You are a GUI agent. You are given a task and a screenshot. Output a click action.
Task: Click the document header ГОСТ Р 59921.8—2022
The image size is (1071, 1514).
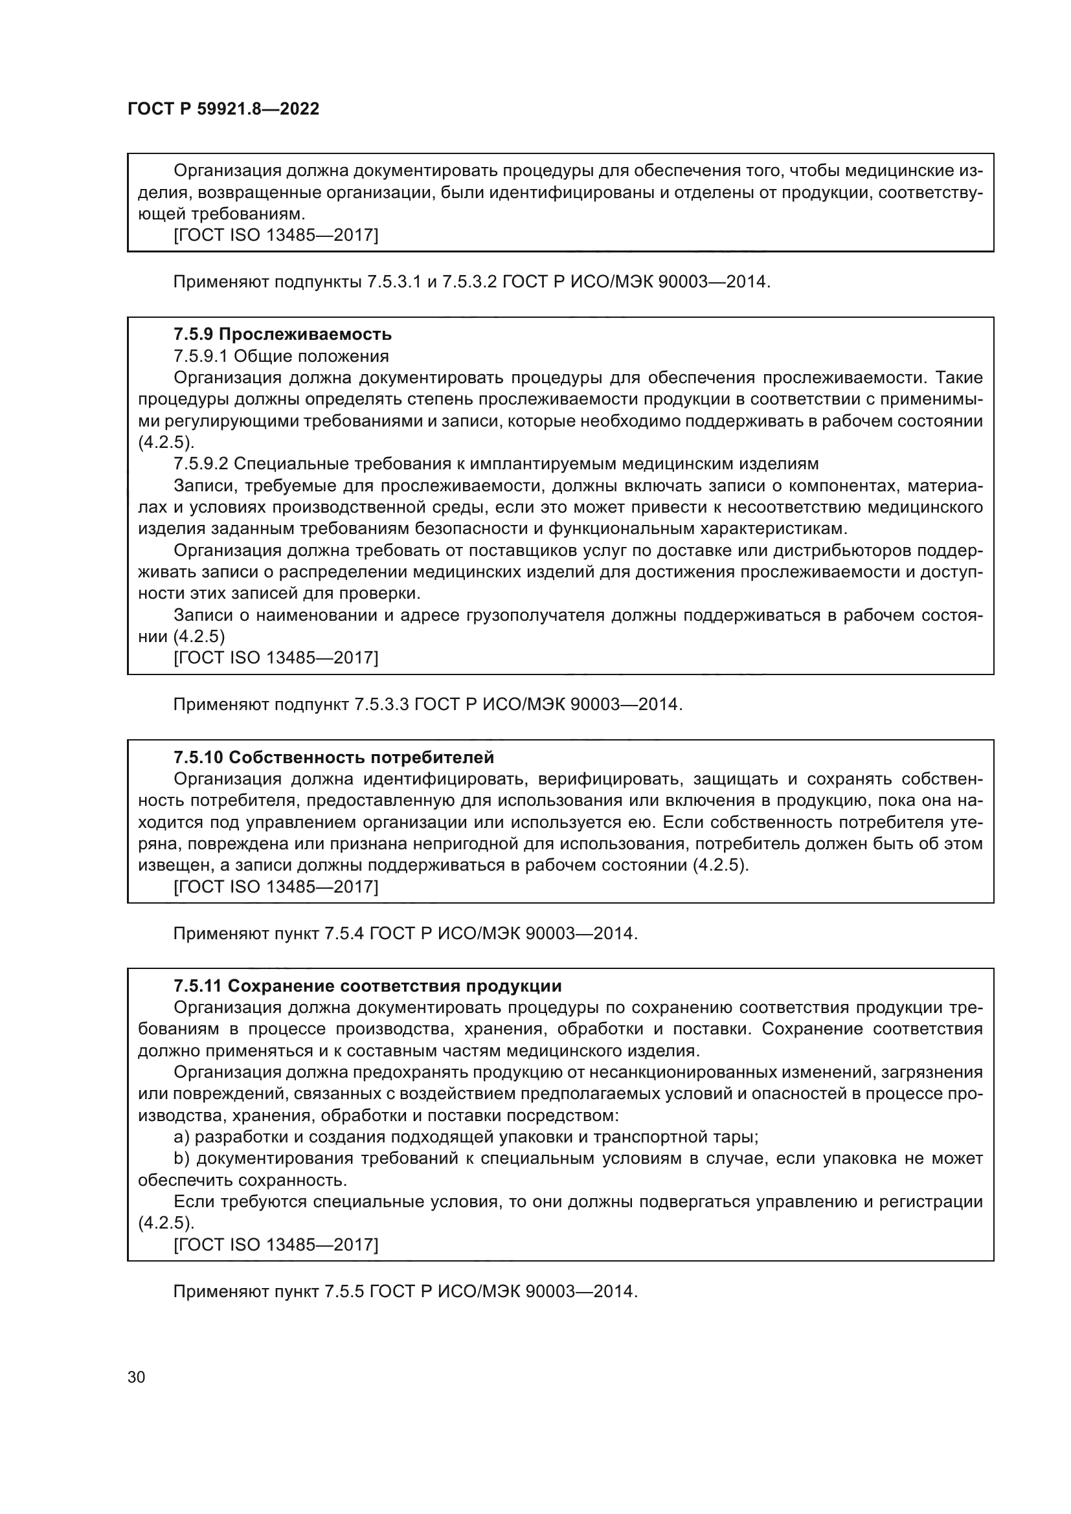[x=223, y=109]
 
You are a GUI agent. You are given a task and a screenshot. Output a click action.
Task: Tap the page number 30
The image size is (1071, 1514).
[x=137, y=1377]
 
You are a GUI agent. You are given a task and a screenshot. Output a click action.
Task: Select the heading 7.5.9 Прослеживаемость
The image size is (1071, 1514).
[x=282, y=334]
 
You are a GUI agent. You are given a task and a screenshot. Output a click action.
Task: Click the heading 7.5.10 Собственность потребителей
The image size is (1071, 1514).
[x=333, y=757]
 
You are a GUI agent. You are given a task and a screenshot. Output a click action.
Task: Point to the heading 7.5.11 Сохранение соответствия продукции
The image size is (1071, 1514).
[x=367, y=986]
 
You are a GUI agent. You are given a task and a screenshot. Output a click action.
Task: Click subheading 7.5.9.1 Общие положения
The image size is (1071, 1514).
[x=281, y=356]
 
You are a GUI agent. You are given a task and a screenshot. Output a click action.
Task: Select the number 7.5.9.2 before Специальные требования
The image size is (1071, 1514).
[x=201, y=463]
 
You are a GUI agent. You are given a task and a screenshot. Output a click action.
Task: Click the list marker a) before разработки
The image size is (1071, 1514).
[x=181, y=1137]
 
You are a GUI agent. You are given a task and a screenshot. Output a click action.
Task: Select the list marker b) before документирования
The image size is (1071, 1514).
[x=181, y=1159]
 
